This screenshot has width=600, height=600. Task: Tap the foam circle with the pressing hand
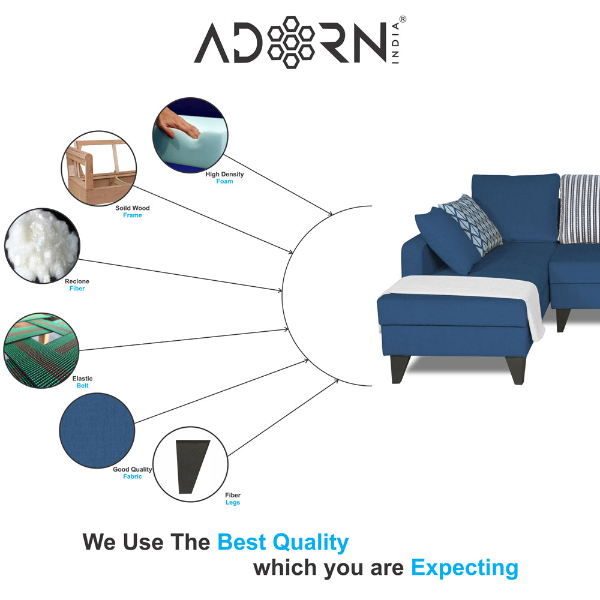190,136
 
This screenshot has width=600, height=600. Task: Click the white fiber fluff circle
41,245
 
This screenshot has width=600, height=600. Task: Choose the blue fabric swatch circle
97,430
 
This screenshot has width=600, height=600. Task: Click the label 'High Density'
224,174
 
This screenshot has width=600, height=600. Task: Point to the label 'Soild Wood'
133,208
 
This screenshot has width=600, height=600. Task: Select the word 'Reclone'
77,281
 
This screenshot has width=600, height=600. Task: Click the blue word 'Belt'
82,386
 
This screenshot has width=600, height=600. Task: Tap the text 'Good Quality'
133,469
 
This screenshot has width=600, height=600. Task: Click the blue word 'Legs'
233,503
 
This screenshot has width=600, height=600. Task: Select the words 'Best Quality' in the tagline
283,542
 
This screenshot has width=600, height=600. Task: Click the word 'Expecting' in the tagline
464,567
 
